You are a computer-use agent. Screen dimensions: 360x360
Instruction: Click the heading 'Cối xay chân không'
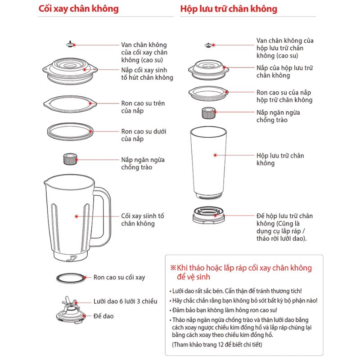click(78, 9)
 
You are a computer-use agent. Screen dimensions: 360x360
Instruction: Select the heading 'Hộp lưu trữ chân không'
click(229, 9)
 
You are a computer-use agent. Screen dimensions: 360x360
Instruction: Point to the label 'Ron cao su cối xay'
click(119, 277)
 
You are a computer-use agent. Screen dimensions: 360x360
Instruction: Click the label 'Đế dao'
click(103, 316)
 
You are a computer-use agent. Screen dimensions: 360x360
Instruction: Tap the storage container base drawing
click(208, 215)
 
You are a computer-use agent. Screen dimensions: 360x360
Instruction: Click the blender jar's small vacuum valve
click(71, 44)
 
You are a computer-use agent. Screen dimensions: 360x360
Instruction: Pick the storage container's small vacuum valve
click(209, 45)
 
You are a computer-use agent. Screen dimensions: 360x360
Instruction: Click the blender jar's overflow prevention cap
click(70, 159)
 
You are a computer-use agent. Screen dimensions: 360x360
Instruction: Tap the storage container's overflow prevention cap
click(208, 113)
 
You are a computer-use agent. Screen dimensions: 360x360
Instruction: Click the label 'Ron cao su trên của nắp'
click(143, 107)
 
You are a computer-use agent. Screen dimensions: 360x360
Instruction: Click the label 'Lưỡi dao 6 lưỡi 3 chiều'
click(126, 301)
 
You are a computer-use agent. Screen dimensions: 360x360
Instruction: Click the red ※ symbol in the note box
click(173, 268)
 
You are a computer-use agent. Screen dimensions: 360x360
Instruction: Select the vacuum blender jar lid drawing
click(70, 71)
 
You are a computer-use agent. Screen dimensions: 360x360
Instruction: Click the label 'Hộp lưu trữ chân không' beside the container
click(280, 159)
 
